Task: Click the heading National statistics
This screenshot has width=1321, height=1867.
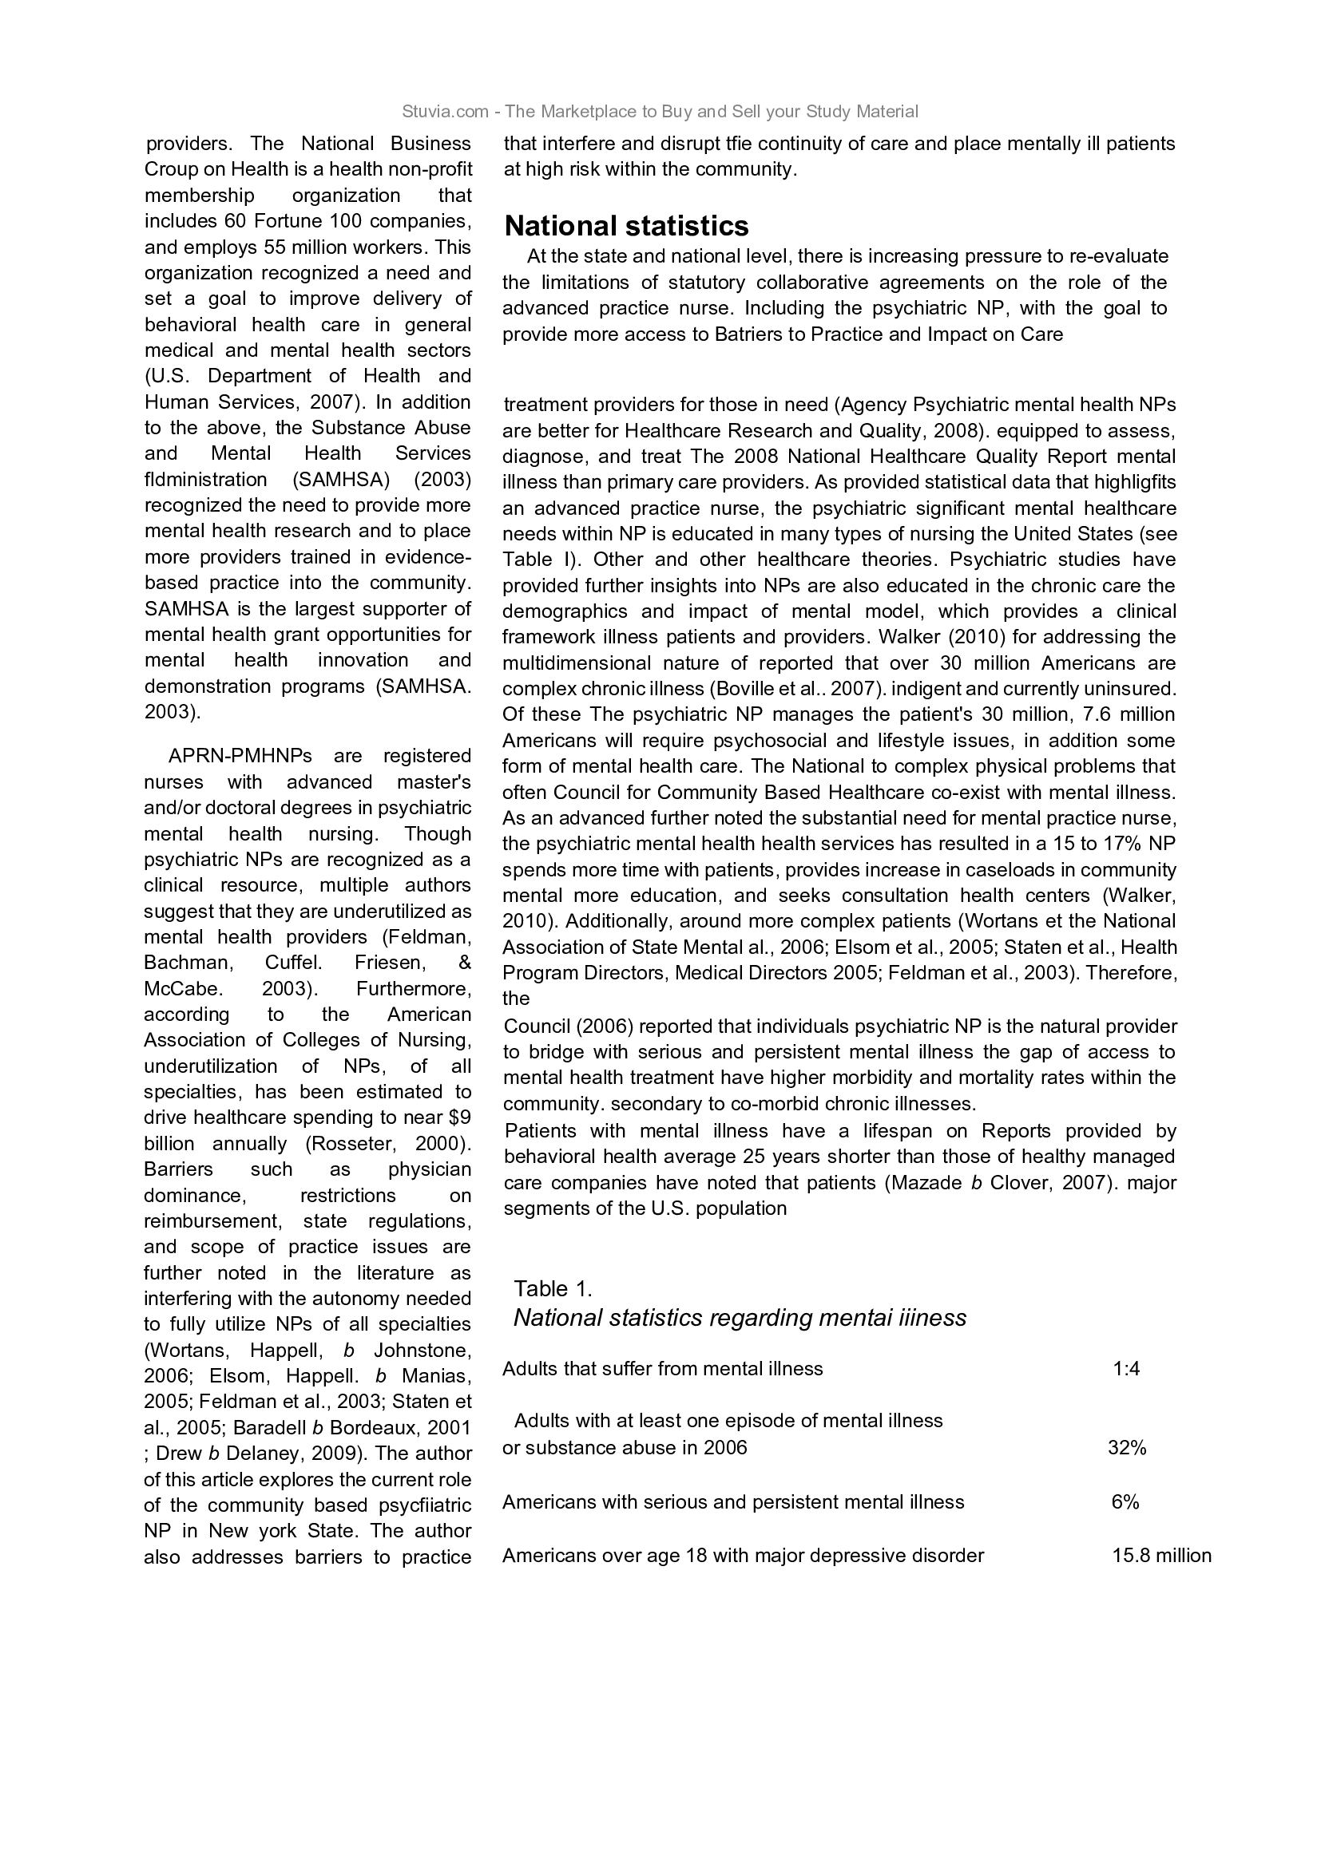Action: tap(626, 225)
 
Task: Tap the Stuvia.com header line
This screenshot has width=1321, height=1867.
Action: tap(660, 112)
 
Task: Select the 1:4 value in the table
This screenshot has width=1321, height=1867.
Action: tap(1126, 1369)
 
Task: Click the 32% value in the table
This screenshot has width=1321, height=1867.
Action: tap(1127, 1447)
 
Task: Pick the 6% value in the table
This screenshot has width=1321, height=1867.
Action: tap(1125, 1502)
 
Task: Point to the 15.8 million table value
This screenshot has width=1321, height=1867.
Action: tap(1160, 1556)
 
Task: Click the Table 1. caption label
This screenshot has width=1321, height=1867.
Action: tap(553, 1289)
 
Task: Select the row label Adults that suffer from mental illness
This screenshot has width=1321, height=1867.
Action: tap(662, 1369)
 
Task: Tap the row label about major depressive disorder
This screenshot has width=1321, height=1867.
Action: tap(743, 1556)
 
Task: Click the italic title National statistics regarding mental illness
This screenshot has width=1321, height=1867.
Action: tap(740, 1318)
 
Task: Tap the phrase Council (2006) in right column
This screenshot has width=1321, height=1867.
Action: tap(562, 1026)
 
